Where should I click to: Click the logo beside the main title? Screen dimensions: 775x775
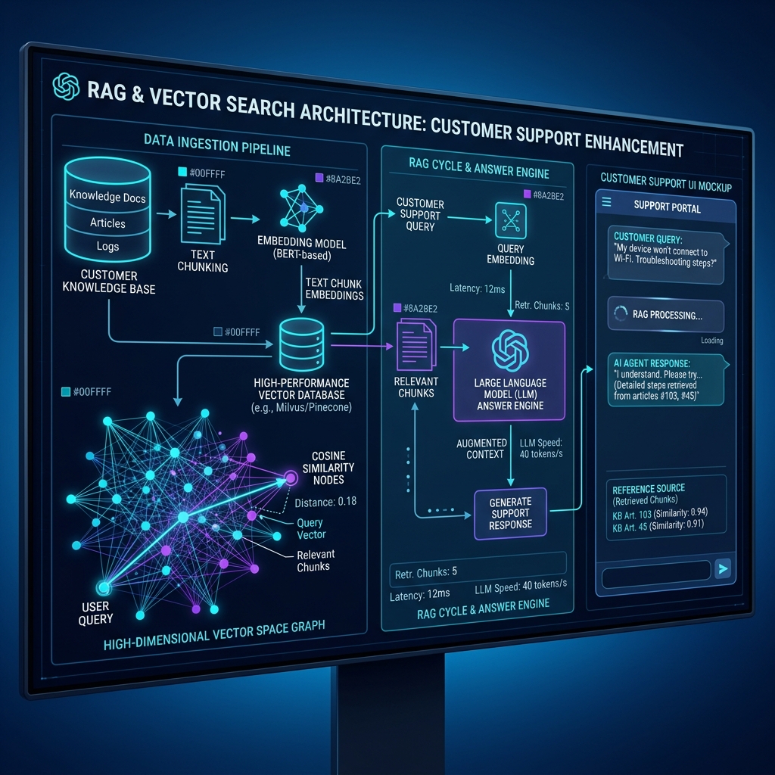pos(66,86)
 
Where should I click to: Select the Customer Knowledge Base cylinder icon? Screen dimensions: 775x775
pos(107,209)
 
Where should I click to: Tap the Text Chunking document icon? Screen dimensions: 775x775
pos(202,214)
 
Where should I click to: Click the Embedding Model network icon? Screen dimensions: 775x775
pos(301,209)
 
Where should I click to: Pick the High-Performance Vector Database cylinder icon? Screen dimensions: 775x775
pos(301,344)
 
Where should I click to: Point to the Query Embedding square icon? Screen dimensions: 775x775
pos(511,220)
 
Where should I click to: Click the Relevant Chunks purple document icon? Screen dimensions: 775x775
pos(416,344)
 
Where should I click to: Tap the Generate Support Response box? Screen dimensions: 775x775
pos(511,514)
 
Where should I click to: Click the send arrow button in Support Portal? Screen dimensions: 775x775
pos(723,569)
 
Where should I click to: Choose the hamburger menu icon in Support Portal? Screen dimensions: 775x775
pos(606,201)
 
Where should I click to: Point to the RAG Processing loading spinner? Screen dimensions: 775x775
pos(621,313)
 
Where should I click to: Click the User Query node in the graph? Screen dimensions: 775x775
pos(103,587)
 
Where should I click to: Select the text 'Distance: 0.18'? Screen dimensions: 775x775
pos(325,503)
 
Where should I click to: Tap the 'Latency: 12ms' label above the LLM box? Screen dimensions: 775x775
pos(477,288)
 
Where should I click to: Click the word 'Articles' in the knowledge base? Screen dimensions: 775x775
pos(107,223)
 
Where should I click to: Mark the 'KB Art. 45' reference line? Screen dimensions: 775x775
pos(658,526)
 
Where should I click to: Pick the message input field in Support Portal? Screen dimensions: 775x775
pos(655,575)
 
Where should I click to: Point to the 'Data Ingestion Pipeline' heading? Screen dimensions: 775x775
pos(217,145)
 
